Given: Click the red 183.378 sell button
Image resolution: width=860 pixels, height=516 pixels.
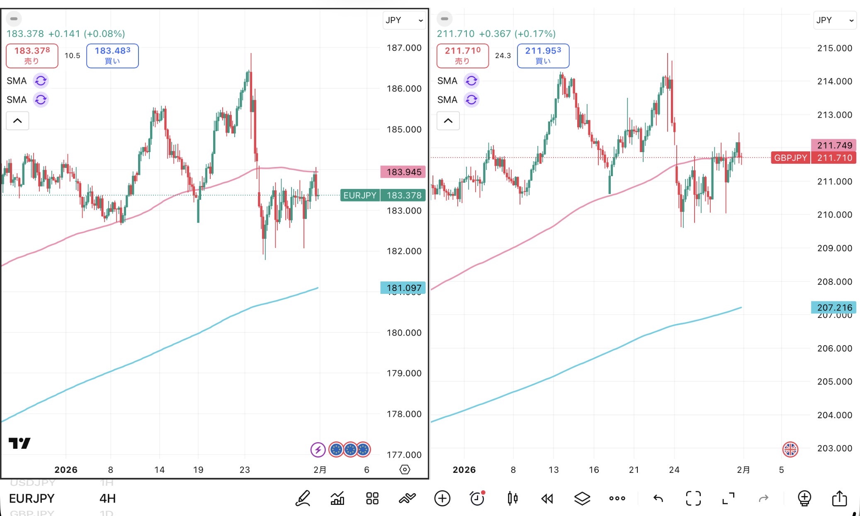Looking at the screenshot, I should (x=32, y=56).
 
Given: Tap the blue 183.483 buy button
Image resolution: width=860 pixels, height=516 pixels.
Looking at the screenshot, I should (x=112, y=56).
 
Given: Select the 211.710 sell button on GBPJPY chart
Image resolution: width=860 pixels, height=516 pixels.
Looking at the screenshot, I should (x=462, y=56).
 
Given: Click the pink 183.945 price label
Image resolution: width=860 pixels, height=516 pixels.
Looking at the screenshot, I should (x=403, y=172).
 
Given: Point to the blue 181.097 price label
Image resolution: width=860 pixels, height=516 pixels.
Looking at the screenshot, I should (x=403, y=287).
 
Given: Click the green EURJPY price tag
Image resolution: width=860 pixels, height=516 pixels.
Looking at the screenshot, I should (x=360, y=195).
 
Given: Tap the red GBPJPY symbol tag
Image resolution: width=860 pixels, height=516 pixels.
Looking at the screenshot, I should (x=790, y=157).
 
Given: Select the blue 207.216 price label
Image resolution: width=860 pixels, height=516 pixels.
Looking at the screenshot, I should (x=833, y=307).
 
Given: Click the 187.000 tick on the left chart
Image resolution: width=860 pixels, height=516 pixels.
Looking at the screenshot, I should (x=404, y=48).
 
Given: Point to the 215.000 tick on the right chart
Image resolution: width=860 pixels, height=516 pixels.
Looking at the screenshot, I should (x=834, y=48).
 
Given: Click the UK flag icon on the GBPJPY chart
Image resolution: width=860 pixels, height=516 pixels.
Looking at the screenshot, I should (x=790, y=449).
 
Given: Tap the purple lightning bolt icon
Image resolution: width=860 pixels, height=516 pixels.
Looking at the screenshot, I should (x=318, y=449).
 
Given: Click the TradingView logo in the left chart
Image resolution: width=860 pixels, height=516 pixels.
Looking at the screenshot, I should (x=19, y=443).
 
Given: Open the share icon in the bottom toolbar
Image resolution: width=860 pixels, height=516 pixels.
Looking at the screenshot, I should (x=839, y=498).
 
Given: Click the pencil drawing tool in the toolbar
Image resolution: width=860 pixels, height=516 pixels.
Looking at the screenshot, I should (x=303, y=498).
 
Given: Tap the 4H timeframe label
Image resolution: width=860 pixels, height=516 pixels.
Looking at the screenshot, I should (x=107, y=498).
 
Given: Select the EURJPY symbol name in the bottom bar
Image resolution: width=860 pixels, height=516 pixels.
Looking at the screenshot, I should (x=32, y=498).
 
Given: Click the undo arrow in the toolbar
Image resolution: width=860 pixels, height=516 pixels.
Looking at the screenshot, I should (x=658, y=498).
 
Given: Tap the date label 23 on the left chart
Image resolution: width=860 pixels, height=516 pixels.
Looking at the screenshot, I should (x=245, y=470).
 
